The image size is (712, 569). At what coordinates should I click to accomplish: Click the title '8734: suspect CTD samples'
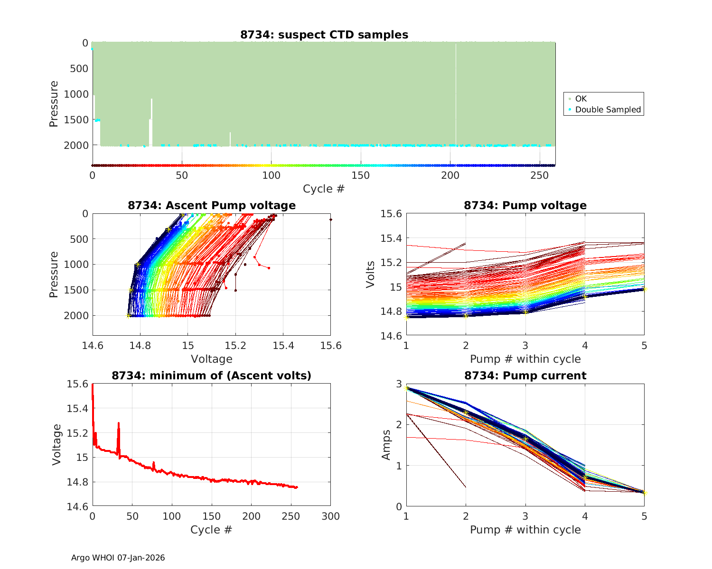pyautogui.click(x=324, y=35)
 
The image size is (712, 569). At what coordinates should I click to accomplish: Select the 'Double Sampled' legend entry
pyautogui.click(x=608, y=110)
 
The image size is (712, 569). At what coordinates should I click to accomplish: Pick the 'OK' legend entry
pyautogui.click(x=581, y=99)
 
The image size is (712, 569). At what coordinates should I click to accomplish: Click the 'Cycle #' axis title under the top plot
pyautogui.click(x=324, y=189)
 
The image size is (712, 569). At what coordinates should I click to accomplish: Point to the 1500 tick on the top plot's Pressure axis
pyautogui.click(x=76, y=120)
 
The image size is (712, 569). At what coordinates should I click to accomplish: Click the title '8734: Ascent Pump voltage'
pyautogui.click(x=211, y=205)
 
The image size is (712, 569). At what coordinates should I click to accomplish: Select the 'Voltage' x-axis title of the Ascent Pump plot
pyautogui.click(x=211, y=359)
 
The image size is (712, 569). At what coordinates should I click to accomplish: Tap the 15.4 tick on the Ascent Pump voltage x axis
pyautogui.click(x=283, y=345)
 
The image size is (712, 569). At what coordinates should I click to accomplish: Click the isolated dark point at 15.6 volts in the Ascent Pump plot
pyautogui.click(x=330, y=220)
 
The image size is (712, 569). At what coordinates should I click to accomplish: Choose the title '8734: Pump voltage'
pyautogui.click(x=525, y=205)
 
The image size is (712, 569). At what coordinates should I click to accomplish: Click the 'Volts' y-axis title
pyautogui.click(x=370, y=275)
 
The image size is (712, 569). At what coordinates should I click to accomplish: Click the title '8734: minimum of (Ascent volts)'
pyautogui.click(x=211, y=376)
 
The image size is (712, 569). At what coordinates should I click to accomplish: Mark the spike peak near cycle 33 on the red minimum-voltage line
pyautogui.click(x=119, y=423)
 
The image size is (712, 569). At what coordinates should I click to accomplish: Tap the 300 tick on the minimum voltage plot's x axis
pyautogui.click(x=330, y=516)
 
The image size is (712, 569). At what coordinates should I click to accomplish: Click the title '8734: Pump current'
pyautogui.click(x=525, y=376)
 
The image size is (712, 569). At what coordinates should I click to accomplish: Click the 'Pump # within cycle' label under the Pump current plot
pyautogui.click(x=525, y=530)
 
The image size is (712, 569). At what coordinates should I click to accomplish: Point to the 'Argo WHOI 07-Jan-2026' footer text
pyautogui.click(x=118, y=558)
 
